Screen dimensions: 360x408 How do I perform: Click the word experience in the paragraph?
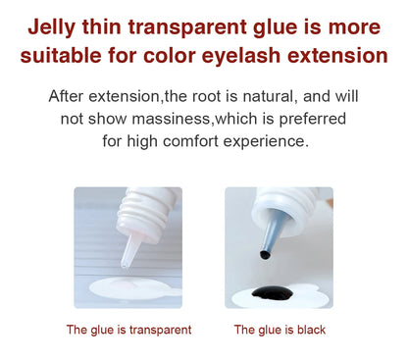(x=270, y=141)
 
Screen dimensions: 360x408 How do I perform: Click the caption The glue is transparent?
(x=128, y=330)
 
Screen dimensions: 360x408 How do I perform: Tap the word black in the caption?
(x=308, y=330)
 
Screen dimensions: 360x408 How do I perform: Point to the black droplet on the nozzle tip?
(x=264, y=255)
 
